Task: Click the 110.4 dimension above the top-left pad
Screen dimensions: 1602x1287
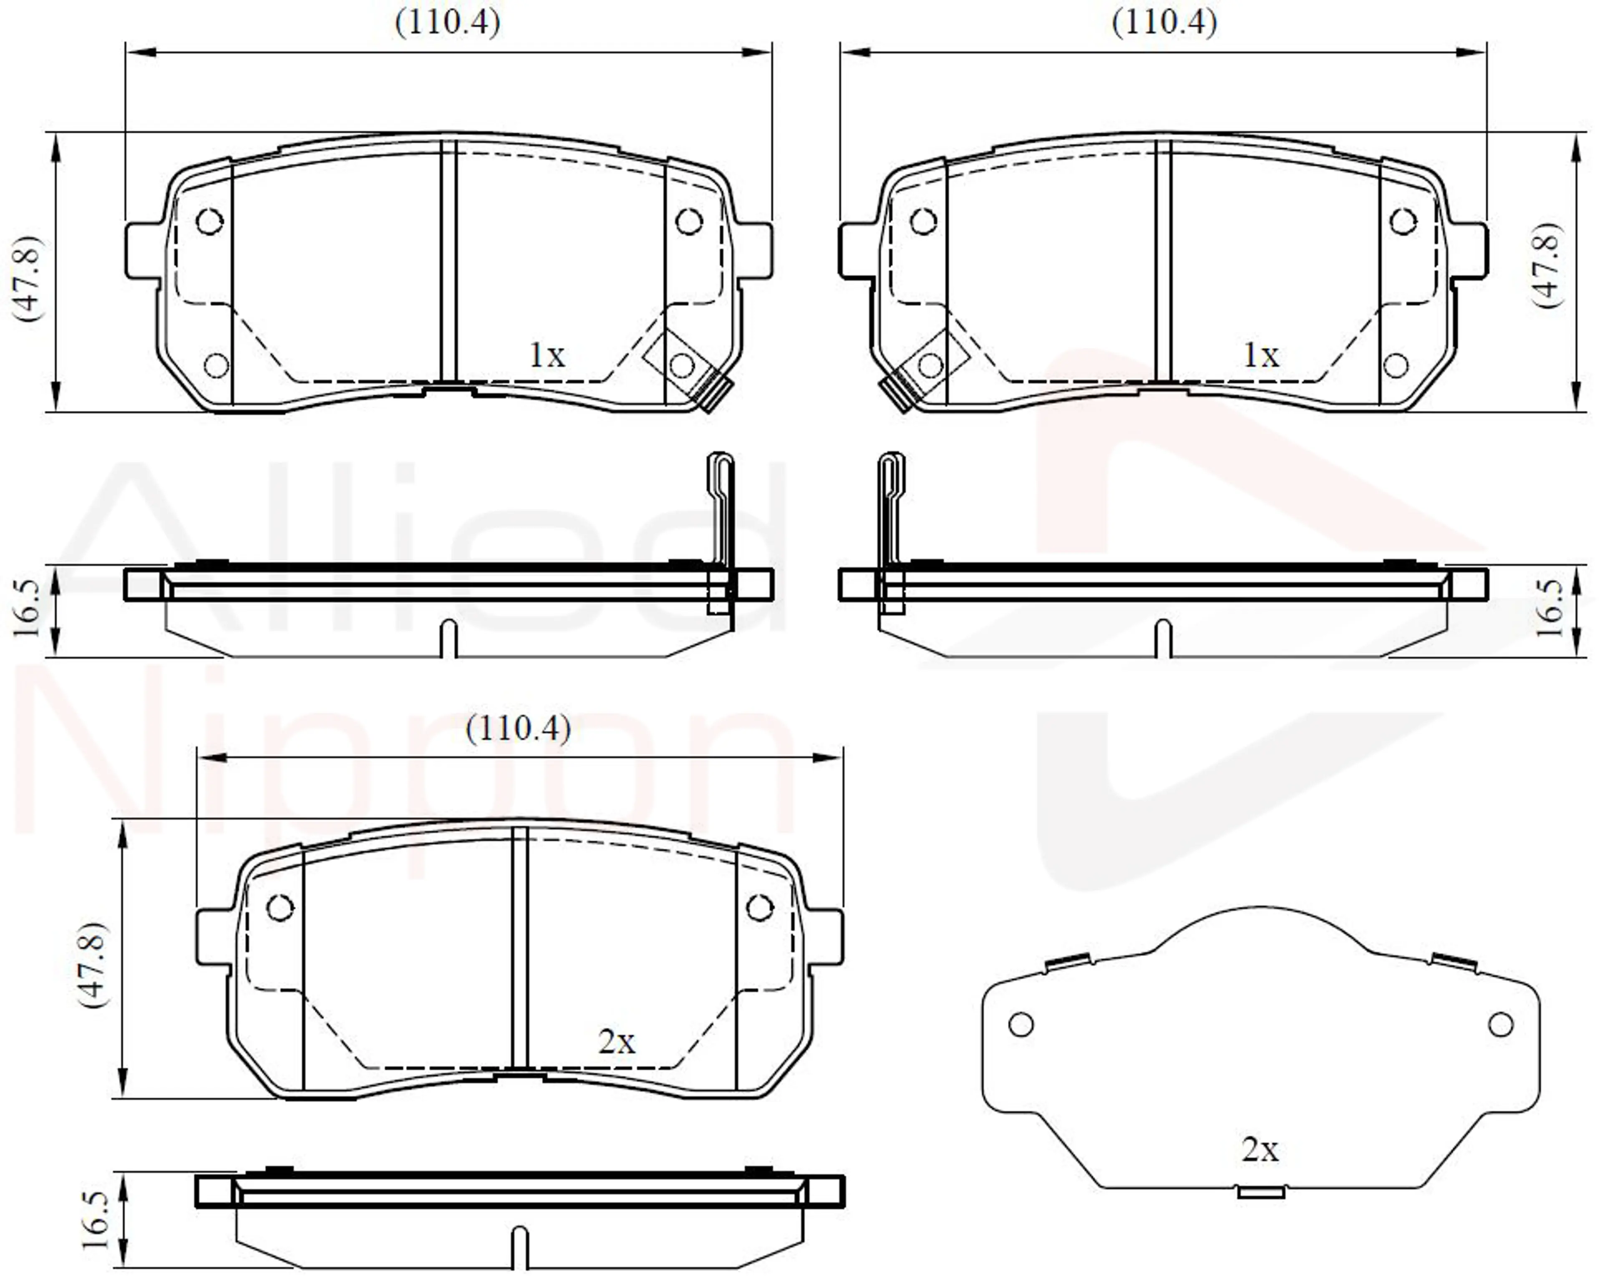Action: tap(447, 23)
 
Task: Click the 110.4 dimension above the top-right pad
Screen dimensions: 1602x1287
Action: tap(1164, 23)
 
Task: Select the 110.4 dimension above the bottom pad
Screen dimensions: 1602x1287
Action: tap(518, 729)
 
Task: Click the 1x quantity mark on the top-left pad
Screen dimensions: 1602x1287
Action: tap(547, 355)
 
